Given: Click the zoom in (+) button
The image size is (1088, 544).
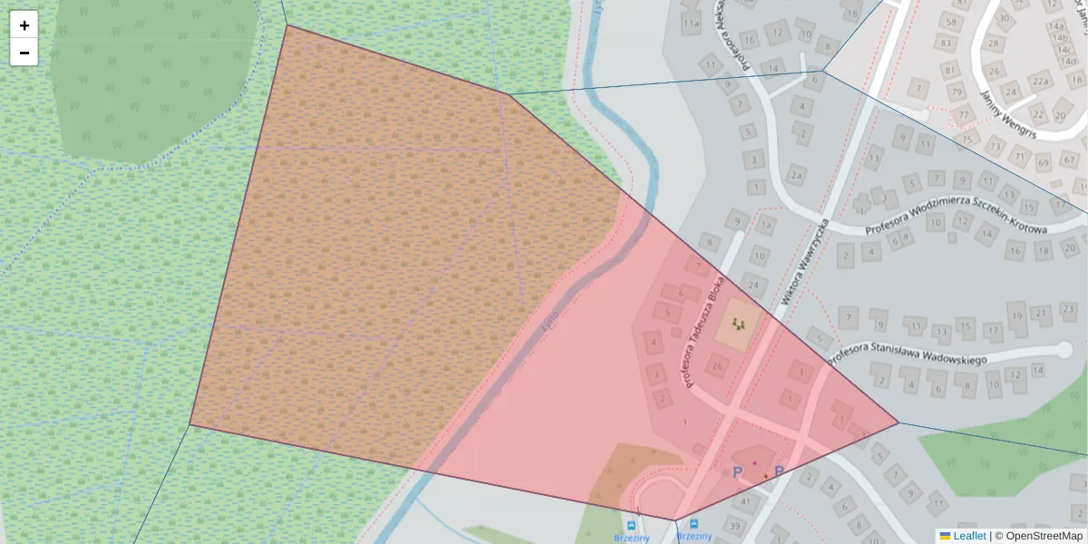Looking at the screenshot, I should [24, 25].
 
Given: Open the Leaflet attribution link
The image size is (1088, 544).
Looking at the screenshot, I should [969, 536].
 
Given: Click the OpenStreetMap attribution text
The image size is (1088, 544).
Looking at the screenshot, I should [1044, 536].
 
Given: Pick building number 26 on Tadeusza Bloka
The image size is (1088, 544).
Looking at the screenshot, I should [716, 366].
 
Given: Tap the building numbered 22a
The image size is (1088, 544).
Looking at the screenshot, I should [1039, 82].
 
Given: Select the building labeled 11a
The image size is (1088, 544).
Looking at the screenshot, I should [692, 24].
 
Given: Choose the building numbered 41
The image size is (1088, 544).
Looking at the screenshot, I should [745, 500].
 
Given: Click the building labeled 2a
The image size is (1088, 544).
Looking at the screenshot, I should [796, 174].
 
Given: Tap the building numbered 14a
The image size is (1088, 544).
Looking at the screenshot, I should [1056, 26].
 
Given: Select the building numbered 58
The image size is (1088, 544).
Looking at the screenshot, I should [952, 22].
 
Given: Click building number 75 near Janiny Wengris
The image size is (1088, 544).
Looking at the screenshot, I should [967, 140].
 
